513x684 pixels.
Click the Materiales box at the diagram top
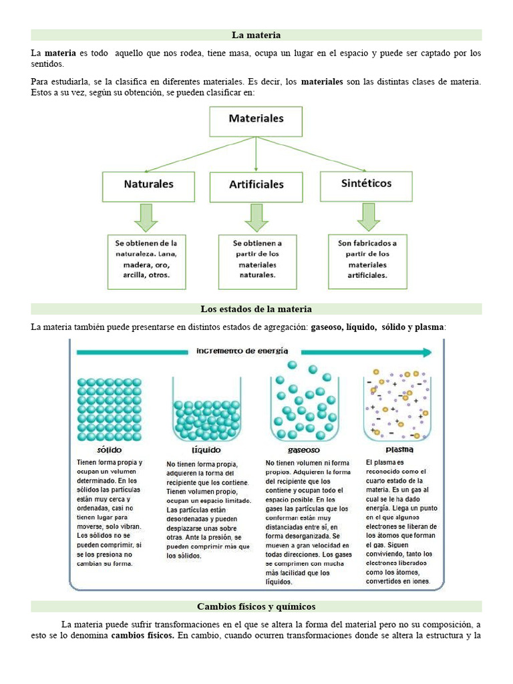(x=256, y=120)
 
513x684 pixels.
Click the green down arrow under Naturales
(x=146, y=217)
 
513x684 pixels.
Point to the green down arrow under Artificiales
(x=256, y=217)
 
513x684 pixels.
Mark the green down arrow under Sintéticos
(x=367, y=216)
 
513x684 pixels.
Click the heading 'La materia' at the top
(x=256, y=35)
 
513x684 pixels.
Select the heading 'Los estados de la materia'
(x=256, y=309)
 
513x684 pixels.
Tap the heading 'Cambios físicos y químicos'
(x=256, y=607)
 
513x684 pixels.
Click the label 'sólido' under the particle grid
(x=110, y=450)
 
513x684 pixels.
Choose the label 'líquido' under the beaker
(x=206, y=450)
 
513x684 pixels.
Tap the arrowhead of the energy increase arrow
(x=427, y=352)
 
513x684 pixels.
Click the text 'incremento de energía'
(x=242, y=351)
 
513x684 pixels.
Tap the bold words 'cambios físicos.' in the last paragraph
(x=142, y=635)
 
